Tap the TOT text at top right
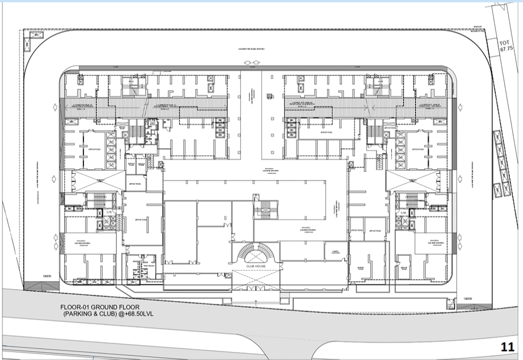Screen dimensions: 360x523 click(x=506, y=43)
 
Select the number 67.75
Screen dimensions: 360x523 click(x=506, y=50)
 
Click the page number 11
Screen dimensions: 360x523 click(x=507, y=347)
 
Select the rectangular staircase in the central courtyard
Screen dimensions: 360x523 click(x=266, y=209)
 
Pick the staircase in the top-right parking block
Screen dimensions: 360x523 click(x=377, y=86)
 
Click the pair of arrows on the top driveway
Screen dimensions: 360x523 click(x=251, y=61)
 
